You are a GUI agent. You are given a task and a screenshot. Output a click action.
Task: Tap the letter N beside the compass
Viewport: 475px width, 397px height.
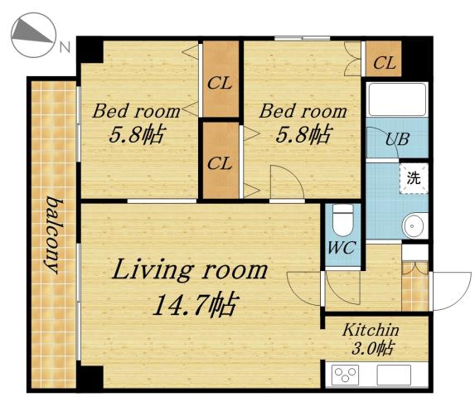tap(64, 47)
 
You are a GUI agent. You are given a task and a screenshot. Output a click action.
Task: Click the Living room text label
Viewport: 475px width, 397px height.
tap(190, 270)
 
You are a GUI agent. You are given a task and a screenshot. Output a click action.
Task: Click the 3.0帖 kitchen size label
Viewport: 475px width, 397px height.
tap(375, 348)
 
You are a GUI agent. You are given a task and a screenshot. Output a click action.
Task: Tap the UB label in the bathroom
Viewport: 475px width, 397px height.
tap(395, 138)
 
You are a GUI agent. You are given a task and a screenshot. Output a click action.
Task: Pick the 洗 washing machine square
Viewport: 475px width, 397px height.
tap(413, 177)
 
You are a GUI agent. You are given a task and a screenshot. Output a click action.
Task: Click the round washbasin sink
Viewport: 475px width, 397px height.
tap(412, 225)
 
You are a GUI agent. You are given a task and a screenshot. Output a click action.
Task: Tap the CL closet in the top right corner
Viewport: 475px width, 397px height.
tap(384, 61)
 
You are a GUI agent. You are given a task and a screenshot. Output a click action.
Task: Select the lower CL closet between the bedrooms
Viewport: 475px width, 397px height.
tap(220, 162)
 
